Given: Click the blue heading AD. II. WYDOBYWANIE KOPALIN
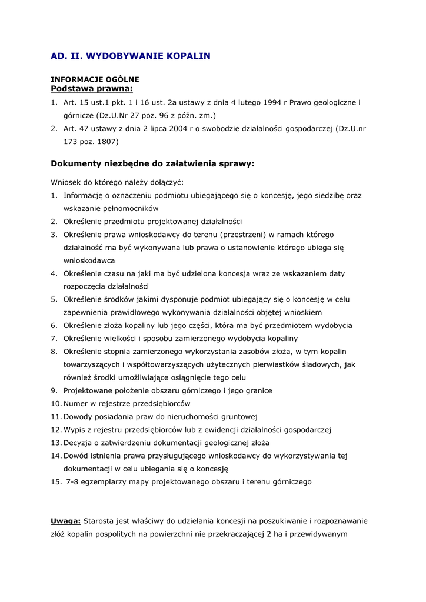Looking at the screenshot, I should coord(130,56).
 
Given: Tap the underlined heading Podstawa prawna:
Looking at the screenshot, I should coord(92,89).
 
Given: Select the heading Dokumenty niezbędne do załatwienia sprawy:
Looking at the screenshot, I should coord(152,163).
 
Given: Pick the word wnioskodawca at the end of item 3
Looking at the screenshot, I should coord(89,260).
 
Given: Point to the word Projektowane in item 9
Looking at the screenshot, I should coord(88,390).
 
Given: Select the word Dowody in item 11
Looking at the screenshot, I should coord(79,416).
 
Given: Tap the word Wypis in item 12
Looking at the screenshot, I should coord(75,429).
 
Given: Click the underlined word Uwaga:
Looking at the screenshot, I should coord(65,521).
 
